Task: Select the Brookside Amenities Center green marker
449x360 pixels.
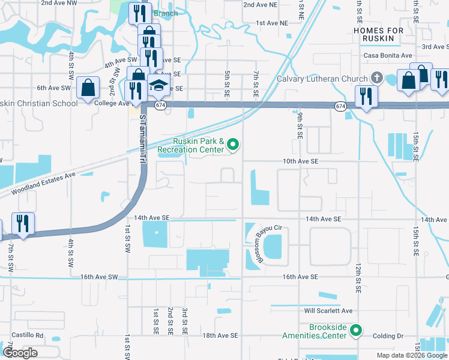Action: coord(356,331)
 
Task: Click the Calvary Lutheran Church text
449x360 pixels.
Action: coord(322,79)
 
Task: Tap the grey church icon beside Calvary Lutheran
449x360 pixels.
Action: coord(376,77)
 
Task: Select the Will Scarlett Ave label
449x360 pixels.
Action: coord(328,311)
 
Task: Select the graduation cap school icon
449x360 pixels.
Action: coord(159,85)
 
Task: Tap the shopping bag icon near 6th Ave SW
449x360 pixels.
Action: coord(88,87)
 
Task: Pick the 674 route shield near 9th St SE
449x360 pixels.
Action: coord(340,106)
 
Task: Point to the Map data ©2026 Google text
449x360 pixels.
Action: coord(412,355)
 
